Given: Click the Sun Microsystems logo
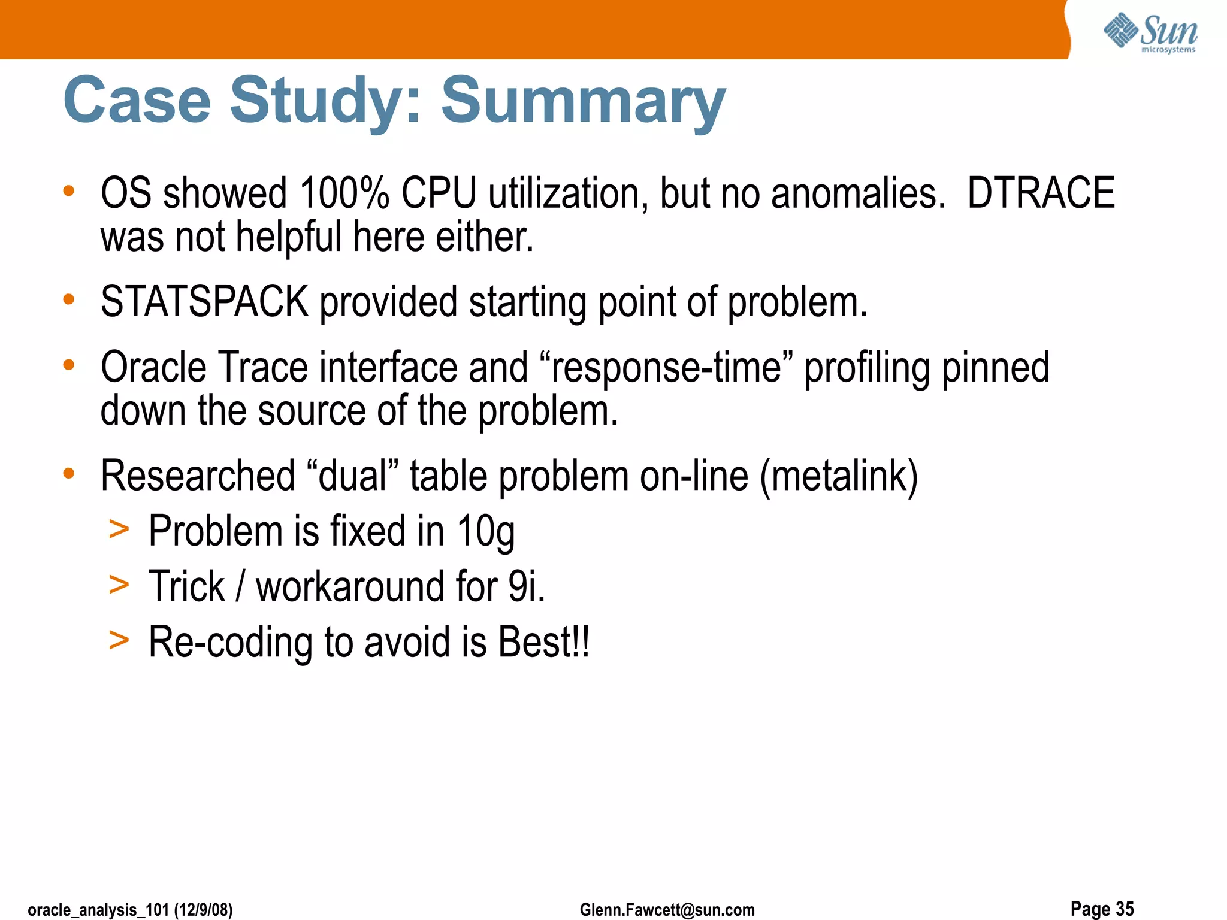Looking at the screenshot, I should point(1150,33).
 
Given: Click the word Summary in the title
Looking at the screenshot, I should point(583,101).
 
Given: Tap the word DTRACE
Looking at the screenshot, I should point(1041,193).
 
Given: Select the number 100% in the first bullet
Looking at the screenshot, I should point(344,193).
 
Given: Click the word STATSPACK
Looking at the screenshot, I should point(204,301).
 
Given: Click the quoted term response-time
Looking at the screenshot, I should point(666,367).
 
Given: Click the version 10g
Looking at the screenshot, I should point(485,531).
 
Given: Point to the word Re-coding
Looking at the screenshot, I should point(231,641).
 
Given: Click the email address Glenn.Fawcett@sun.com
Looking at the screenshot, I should point(667,910).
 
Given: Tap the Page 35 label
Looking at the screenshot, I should point(1102,909).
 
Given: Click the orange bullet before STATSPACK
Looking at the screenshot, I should point(69,298).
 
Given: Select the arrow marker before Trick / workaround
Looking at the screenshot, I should point(119,585).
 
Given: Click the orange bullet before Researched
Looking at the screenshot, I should point(69,473).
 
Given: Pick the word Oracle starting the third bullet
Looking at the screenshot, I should point(153,367).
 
